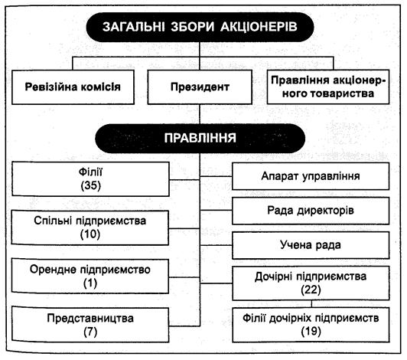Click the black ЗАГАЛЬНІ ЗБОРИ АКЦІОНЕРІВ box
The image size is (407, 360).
pyautogui.click(x=200, y=27)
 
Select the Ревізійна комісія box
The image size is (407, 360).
pyautogui.click(x=73, y=87)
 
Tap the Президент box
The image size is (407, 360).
pyautogui.click(x=200, y=87)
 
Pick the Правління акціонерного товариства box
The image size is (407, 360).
pyautogui.click(x=328, y=87)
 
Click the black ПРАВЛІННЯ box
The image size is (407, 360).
pyautogui.click(x=200, y=138)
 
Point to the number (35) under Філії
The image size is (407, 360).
pyautogui.click(x=90, y=185)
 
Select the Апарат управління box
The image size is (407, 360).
pyautogui.click(x=311, y=176)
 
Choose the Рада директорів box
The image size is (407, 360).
pyautogui.click(x=311, y=211)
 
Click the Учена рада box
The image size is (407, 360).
pyautogui.click(x=311, y=245)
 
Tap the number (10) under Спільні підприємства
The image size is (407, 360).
pyautogui.click(x=90, y=234)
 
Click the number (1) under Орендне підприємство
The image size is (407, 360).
pyautogui.click(x=90, y=283)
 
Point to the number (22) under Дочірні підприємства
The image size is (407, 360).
pyautogui.click(x=311, y=290)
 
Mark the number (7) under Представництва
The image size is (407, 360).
pyautogui.click(x=90, y=332)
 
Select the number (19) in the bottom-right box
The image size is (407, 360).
pyautogui.click(x=311, y=331)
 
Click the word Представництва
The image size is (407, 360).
pyautogui.click(x=90, y=319)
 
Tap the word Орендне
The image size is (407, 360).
pyautogui.click(x=53, y=270)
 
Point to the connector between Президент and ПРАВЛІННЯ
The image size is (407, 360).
pyautogui.click(x=200, y=114)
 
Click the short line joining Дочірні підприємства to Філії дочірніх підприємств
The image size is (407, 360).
pyautogui.click(x=311, y=304)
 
